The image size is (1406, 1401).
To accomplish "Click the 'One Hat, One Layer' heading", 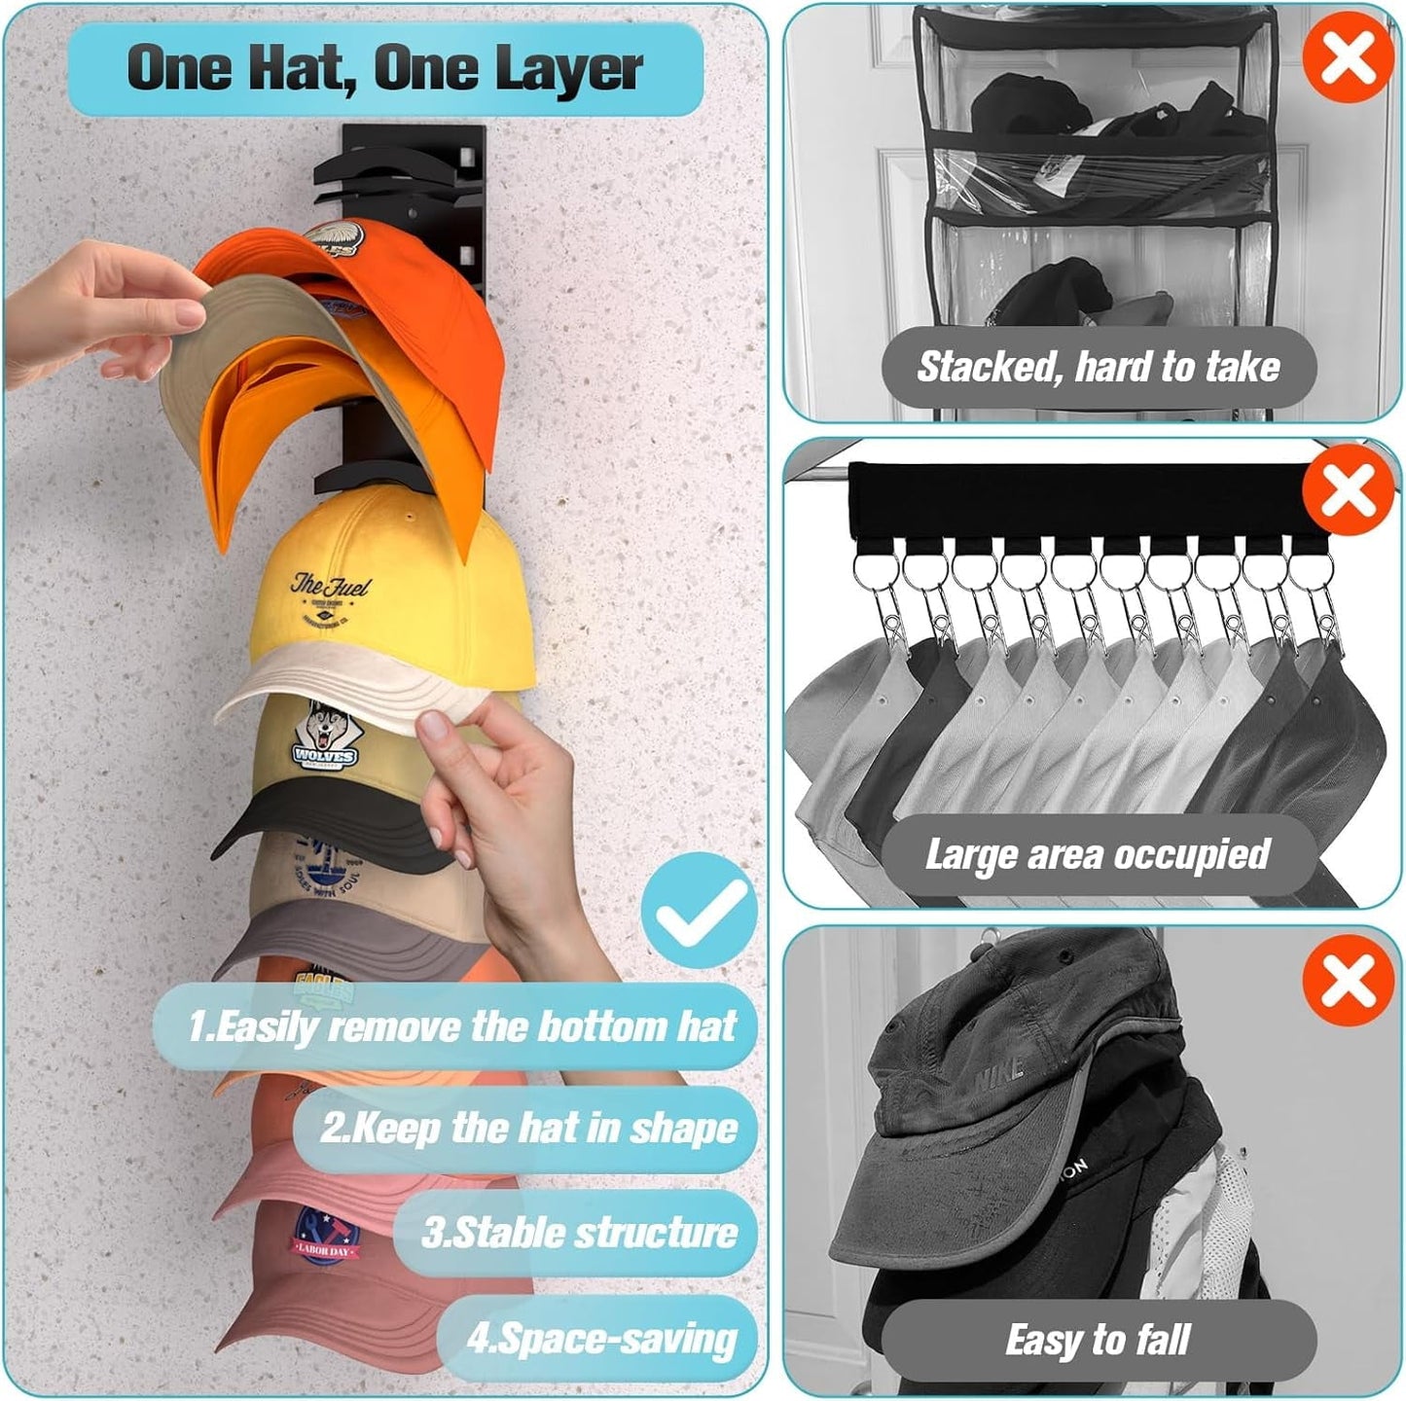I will click(x=384, y=68).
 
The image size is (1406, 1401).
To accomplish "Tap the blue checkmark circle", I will click(x=698, y=911).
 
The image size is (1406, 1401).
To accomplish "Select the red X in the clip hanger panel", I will click(x=1348, y=488).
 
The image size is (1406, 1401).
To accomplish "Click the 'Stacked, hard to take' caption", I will click(x=1098, y=367).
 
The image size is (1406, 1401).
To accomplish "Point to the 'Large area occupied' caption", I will click(x=1098, y=854).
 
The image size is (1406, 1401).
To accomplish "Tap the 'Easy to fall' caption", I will click(x=1098, y=1340).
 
